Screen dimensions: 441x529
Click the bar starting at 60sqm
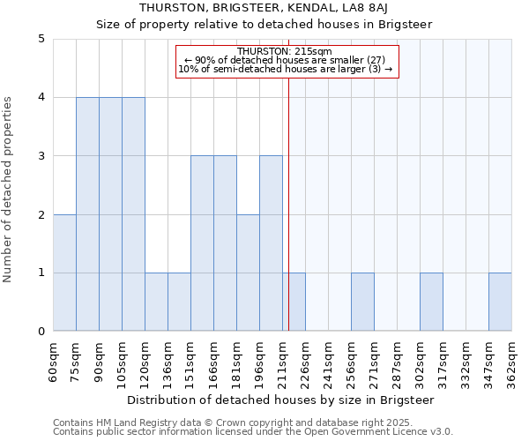[64, 273]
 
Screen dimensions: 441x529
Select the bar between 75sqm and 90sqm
[87, 214]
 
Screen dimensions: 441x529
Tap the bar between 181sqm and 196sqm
[248, 273]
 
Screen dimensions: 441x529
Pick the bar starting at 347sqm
[500, 303]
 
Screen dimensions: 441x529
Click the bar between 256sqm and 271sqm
[362, 303]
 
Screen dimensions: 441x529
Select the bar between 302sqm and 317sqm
[431, 303]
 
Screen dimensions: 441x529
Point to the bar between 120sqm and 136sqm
[156, 303]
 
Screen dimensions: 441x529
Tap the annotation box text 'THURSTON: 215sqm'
[287, 51]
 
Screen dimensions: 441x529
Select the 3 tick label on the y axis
[41, 156]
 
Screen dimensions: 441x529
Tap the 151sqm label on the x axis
[190, 362]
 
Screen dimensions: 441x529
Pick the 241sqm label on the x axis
[328, 362]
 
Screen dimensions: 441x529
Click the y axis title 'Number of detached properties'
[9, 191]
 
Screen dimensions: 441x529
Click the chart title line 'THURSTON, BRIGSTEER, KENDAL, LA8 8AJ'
[264, 8]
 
